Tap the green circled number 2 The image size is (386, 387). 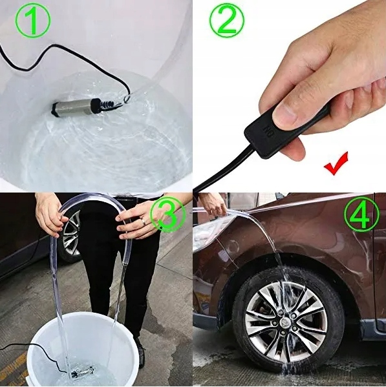pyautogui.click(x=227, y=22)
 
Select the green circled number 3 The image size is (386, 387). pyautogui.click(x=167, y=216)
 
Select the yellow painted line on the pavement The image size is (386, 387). pyautogui.click(x=13, y=369)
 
